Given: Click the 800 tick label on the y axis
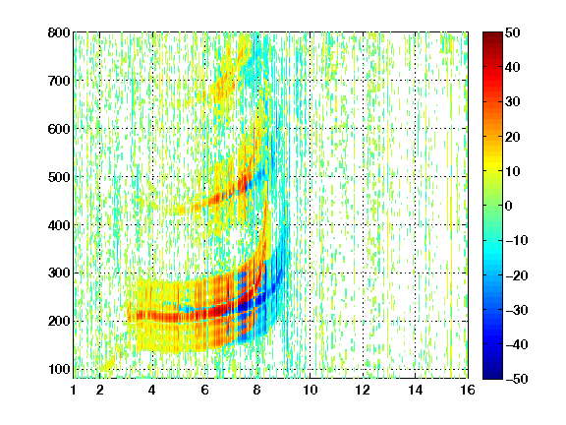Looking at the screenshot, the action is pyautogui.click(x=59, y=32).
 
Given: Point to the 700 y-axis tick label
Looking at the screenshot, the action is pyautogui.click(x=59, y=81).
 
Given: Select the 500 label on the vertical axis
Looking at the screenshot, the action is pyautogui.click(x=59, y=177).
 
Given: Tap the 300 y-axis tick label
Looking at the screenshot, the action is pyautogui.click(x=59, y=273).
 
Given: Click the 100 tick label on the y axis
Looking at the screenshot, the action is pyautogui.click(x=59, y=369).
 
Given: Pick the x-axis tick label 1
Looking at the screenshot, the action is pyautogui.click(x=74, y=390).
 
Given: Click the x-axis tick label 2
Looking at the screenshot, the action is pyautogui.click(x=99, y=390).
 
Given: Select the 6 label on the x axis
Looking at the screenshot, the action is pyautogui.click(x=205, y=390).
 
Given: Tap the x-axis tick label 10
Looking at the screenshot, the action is pyautogui.click(x=311, y=390).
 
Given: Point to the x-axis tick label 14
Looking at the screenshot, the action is pyautogui.click(x=416, y=390).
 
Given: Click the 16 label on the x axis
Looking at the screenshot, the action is pyautogui.click(x=468, y=390).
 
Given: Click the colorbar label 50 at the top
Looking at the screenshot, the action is pyautogui.click(x=513, y=32).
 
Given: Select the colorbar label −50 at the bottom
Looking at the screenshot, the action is pyautogui.click(x=517, y=379).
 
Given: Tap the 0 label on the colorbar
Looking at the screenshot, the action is pyautogui.click(x=509, y=206).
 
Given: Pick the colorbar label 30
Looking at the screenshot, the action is pyautogui.click(x=513, y=102).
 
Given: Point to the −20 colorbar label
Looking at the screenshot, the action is pyautogui.click(x=517, y=275).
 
